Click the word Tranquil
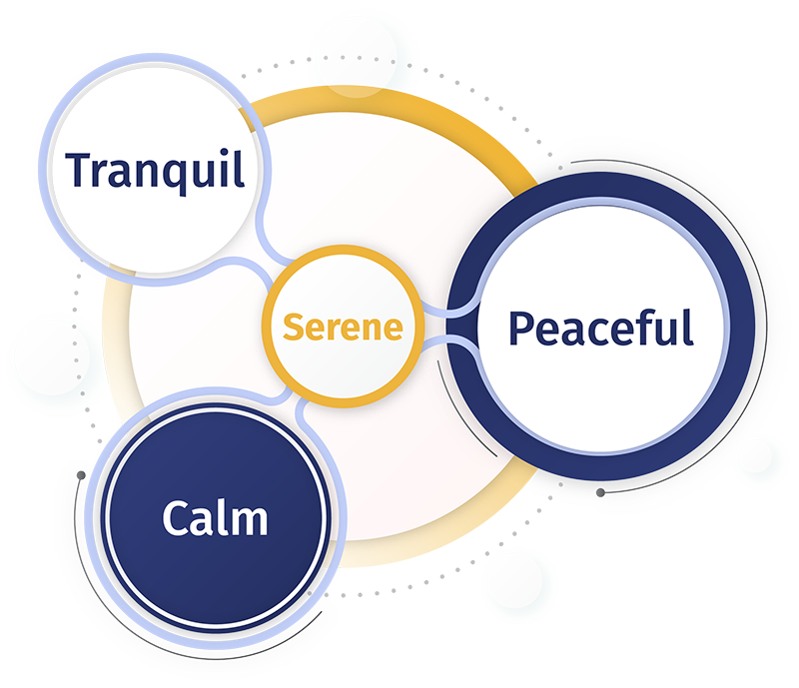pos(155,170)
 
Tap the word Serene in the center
pos(343,327)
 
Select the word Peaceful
pos(600,327)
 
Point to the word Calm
pos(215,519)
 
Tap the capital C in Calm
pos(176,519)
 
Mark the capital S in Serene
pos(292,327)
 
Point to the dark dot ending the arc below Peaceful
pos(599,492)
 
